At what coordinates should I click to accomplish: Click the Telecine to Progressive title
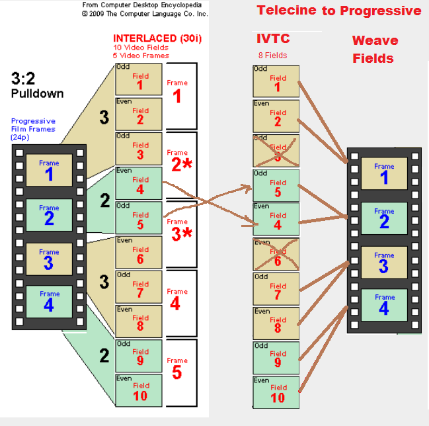pos(338,10)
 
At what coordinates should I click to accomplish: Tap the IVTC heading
pos(273,39)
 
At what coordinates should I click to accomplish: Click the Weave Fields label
pos(375,49)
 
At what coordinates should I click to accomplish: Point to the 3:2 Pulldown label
pos(37,85)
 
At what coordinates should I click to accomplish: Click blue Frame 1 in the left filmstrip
pos(49,170)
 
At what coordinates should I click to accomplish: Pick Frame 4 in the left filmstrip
pos(49,301)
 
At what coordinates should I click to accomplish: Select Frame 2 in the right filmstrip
pos(384,218)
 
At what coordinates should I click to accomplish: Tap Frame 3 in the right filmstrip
pos(384,262)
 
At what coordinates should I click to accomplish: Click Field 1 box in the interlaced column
pos(139,79)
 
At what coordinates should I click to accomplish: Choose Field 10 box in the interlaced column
pos(139,390)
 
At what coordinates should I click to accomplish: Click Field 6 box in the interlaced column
pos(139,252)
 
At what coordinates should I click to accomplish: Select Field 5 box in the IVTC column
pos(276,185)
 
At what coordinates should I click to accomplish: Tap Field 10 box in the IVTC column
pos(276,392)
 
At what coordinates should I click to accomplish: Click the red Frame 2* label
pos(180,161)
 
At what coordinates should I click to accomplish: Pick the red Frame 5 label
pos(177,368)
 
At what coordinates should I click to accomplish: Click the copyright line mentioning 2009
pos(145,13)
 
